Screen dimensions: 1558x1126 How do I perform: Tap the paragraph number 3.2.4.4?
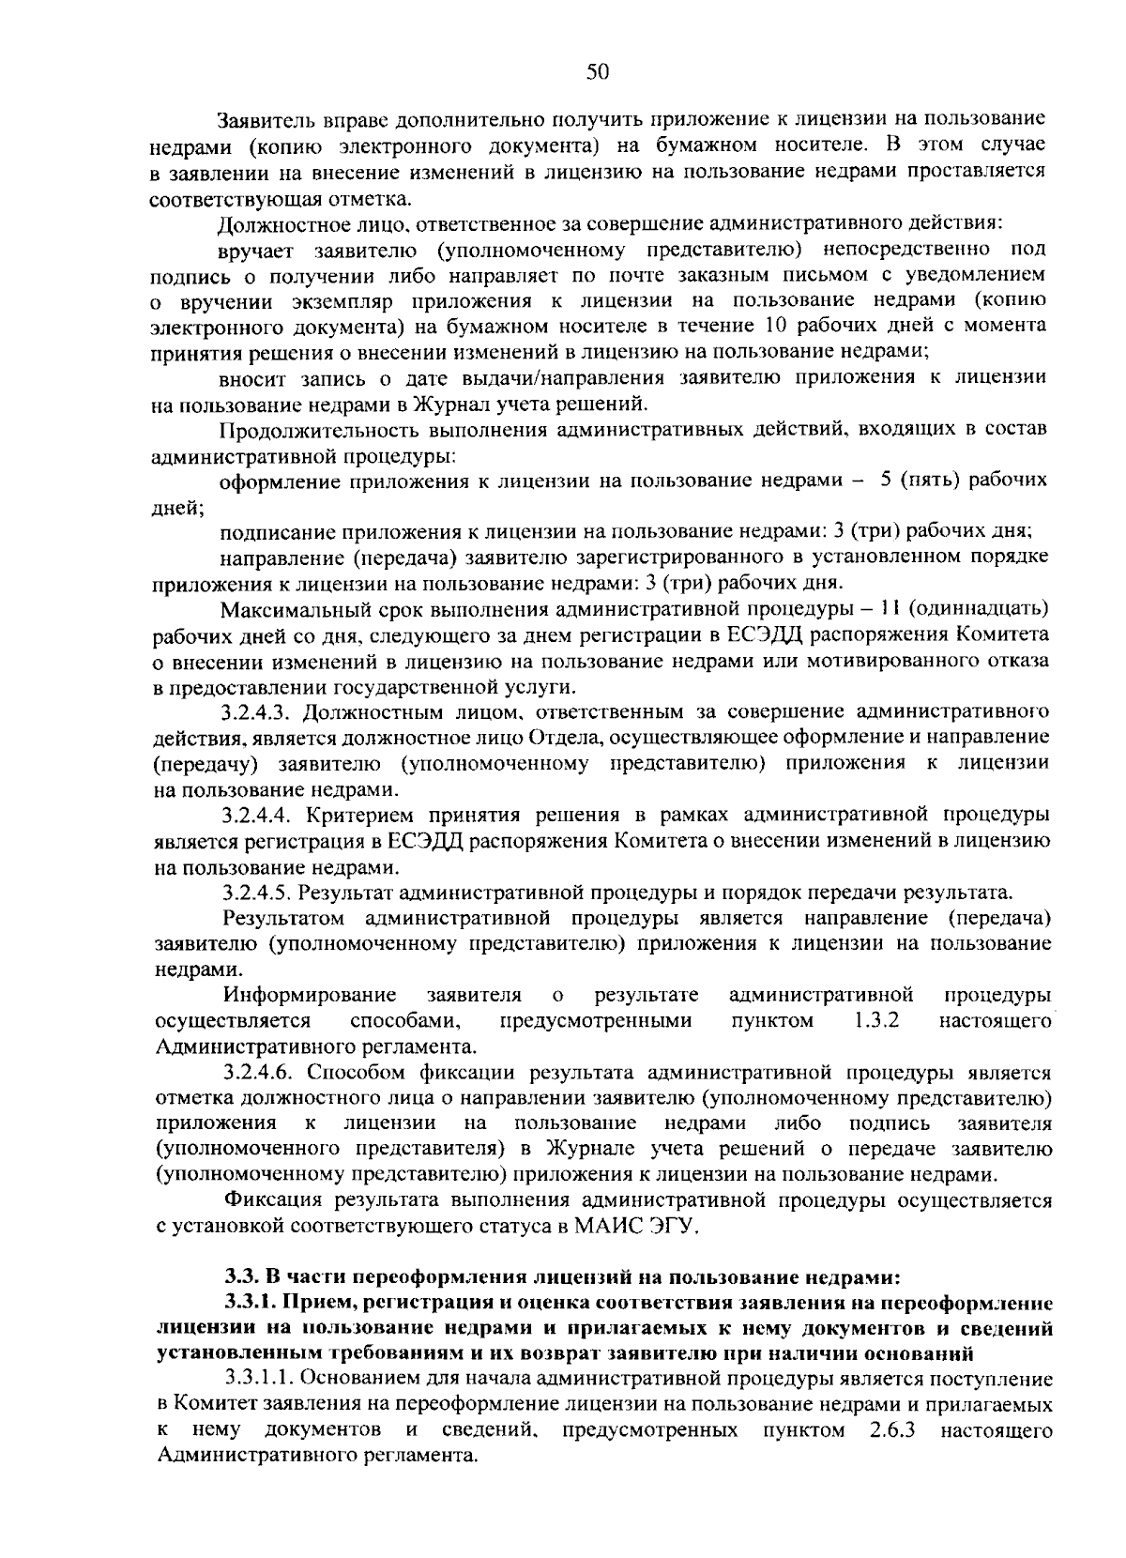(x=254, y=813)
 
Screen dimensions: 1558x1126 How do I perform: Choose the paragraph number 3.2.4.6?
(x=254, y=1072)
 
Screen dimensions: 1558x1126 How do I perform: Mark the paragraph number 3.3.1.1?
(x=260, y=1379)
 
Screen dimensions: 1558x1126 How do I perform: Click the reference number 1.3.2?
(x=876, y=1019)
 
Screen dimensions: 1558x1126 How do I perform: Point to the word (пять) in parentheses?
(x=931, y=480)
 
